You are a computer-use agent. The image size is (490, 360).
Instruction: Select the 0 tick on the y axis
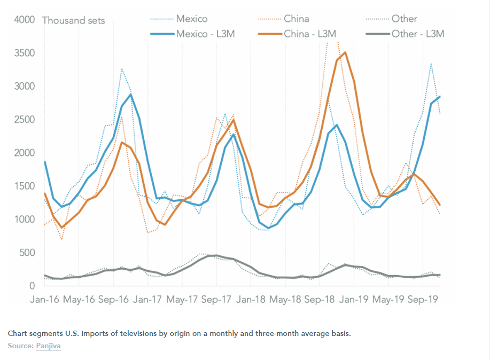coord(32,286)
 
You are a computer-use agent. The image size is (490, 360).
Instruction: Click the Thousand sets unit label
coord(73,21)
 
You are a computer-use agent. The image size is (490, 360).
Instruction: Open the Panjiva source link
coord(49,346)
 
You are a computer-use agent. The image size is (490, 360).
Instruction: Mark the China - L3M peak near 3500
coord(345,52)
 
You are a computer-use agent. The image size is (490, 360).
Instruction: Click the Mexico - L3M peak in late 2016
coord(130,95)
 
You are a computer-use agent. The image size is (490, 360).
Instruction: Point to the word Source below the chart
coord(20,346)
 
